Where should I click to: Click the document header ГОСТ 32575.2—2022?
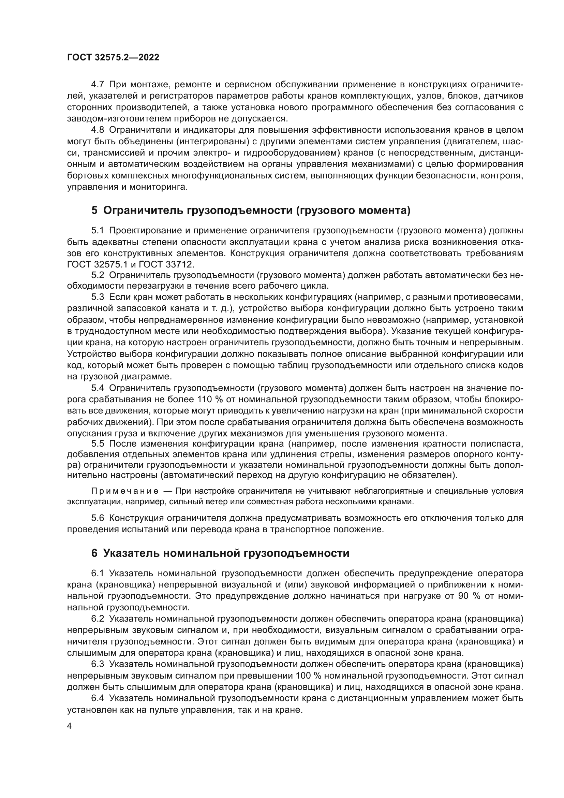113,58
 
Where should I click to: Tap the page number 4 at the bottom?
70,726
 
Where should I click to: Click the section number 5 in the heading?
94,210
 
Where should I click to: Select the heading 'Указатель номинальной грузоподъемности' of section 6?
226,553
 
